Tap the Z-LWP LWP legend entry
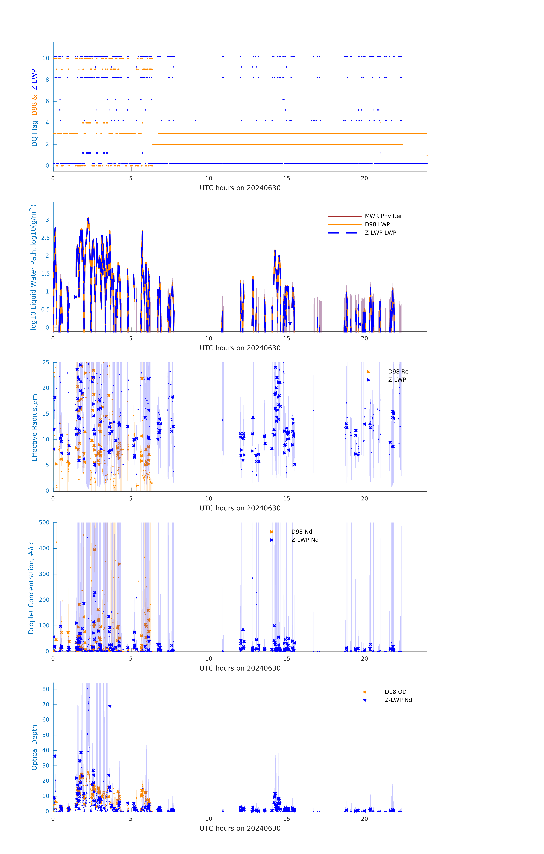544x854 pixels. point(380,233)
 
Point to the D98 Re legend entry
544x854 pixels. point(398,372)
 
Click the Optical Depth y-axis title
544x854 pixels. point(34,747)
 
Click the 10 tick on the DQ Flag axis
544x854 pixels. point(46,58)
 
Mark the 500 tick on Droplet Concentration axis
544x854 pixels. point(44,522)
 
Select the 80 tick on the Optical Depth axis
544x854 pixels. point(46,689)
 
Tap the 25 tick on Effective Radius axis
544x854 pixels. point(46,363)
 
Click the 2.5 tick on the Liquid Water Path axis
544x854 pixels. point(45,238)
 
